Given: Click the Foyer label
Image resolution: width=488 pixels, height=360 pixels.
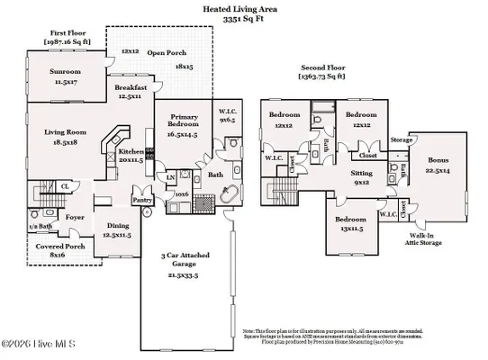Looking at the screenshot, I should pyautogui.click(x=74, y=216).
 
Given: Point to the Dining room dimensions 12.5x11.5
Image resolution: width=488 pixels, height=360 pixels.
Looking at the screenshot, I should pyautogui.click(x=118, y=234).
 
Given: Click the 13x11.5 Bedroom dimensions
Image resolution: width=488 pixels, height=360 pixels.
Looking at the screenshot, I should pyautogui.click(x=350, y=229).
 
